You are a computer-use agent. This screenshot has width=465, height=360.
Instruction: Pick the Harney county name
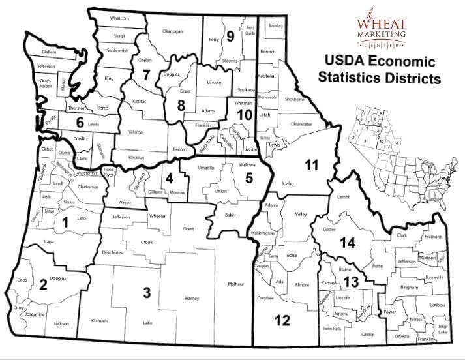192,299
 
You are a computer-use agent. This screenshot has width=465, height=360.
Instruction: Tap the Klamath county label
100,320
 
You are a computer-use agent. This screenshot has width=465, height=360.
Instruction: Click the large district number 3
147,293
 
